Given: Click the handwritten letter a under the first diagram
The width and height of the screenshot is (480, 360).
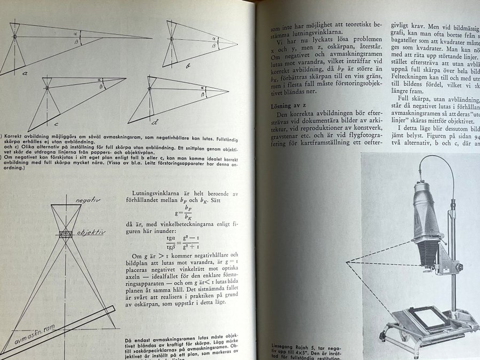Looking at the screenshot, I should (25, 73).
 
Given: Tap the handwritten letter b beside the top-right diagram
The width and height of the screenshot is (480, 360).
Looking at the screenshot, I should (188, 66).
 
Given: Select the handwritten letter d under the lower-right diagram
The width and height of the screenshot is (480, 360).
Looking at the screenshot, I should (155, 122).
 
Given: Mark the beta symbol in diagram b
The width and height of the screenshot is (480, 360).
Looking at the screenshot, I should (214, 46).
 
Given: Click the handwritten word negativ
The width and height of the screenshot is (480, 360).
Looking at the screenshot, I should (88, 200).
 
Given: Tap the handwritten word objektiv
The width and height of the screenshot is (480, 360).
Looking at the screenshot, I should (91, 233).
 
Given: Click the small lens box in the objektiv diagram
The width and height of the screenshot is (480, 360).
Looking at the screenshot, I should (66, 234).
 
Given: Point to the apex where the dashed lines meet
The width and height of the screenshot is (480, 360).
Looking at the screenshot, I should (348, 262).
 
